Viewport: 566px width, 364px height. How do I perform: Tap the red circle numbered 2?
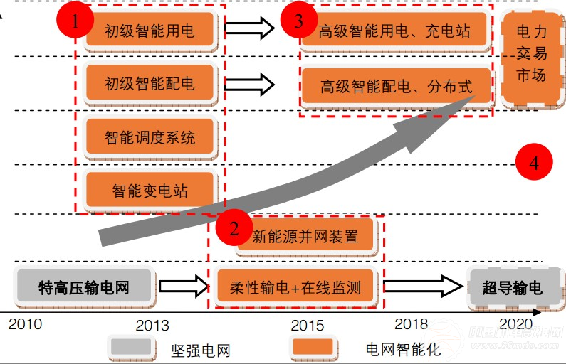[x=234, y=227]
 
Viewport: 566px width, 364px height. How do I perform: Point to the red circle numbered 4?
[x=534, y=161]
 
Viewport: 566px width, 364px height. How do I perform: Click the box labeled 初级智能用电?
[x=150, y=30]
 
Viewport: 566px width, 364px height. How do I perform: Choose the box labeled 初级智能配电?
[x=150, y=83]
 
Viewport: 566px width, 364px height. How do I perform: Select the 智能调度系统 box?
[x=150, y=137]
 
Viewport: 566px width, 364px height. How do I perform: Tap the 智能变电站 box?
[x=150, y=190]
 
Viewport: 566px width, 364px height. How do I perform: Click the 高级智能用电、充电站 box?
[x=394, y=30]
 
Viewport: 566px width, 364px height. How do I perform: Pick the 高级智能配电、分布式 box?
[x=396, y=86]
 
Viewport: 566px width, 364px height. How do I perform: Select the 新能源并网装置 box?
[x=305, y=236]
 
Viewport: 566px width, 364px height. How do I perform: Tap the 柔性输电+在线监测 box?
[x=295, y=287]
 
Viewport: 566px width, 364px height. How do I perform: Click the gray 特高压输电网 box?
[x=84, y=287]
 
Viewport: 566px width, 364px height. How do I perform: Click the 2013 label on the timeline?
[x=152, y=325]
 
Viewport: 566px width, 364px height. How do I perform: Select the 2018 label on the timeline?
[x=411, y=323]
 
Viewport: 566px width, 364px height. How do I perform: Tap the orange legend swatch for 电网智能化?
[x=313, y=347]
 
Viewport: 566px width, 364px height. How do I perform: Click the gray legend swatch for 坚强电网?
[x=131, y=347]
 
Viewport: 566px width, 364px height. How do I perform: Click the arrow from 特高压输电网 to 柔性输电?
[x=184, y=287]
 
